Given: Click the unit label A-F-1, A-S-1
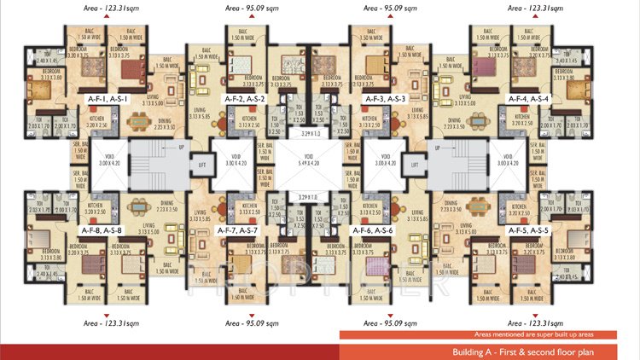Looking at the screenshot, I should tap(108, 99).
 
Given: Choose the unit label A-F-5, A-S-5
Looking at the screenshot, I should tap(530, 230).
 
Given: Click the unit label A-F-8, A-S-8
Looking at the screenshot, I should tap(102, 230).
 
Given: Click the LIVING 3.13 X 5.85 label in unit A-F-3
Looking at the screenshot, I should tap(418, 114).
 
